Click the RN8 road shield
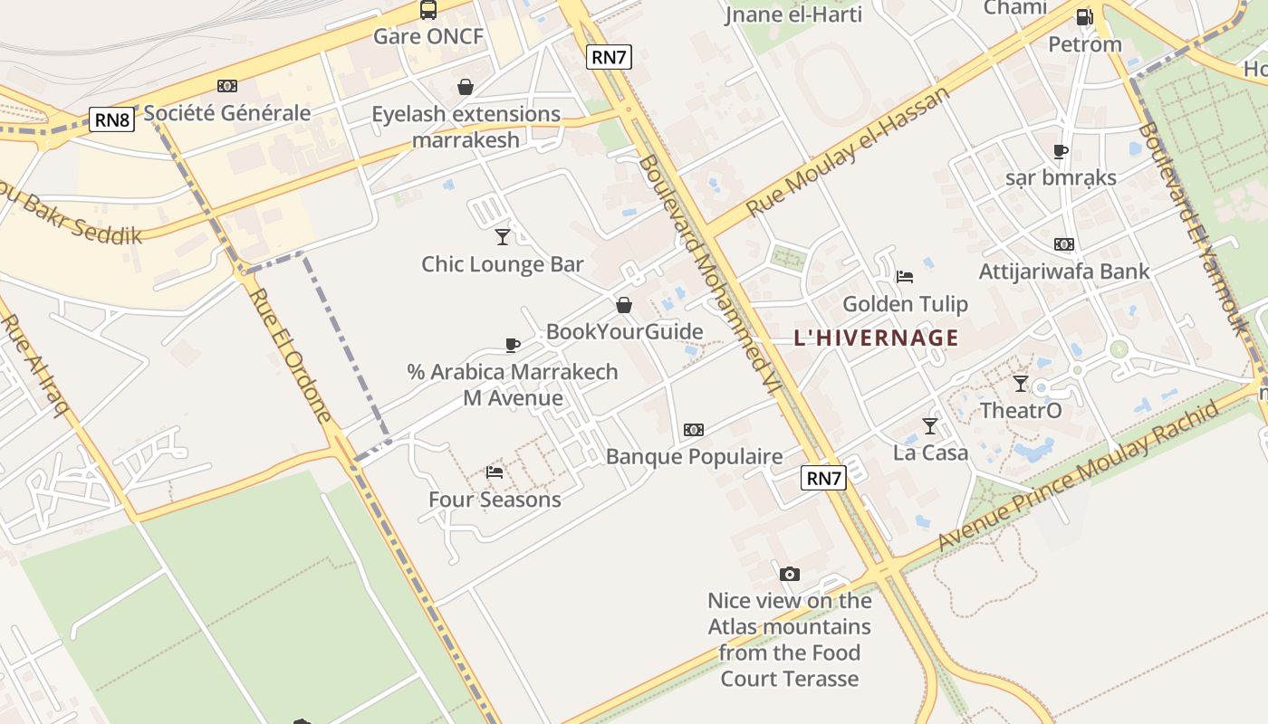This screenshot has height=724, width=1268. (112, 119)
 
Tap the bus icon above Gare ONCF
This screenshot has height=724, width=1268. (428, 10)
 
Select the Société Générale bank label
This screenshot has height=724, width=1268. (227, 113)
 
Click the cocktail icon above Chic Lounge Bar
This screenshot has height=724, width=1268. (503, 237)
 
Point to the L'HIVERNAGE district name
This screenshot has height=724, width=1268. (876, 338)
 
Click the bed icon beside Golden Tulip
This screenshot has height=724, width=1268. (904, 277)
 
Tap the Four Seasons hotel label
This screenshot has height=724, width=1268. (495, 500)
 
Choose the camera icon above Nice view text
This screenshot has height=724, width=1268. (790, 574)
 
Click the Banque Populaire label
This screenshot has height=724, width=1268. (694, 456)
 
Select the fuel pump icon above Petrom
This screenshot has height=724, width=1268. (1084, 16)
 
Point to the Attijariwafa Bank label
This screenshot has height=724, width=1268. (1064, 271)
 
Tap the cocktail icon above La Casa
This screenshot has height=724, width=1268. (930, 425)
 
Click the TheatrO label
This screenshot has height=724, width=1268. (1021, 411)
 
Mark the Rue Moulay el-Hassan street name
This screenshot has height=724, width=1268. (848, 151)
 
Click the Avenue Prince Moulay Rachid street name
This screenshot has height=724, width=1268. (1078, 477)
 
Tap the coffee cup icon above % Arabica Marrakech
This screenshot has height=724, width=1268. (513, 345)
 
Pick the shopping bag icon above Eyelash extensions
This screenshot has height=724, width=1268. (466, 87)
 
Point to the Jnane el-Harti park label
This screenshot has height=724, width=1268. (793, 14)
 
